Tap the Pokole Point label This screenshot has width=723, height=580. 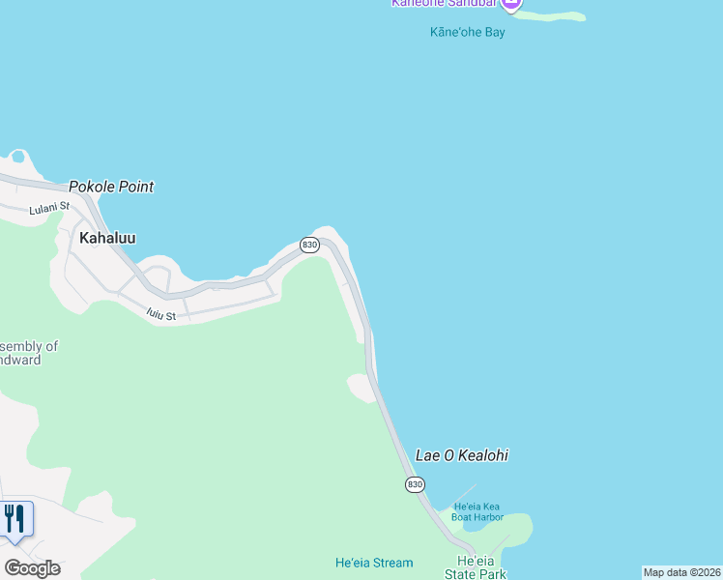point(111,187)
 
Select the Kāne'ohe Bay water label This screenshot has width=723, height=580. point(467,32)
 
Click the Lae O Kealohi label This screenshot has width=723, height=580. point(461,455)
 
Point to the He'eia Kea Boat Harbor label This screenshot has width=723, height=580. point(477,511)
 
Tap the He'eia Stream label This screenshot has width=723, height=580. point(373,563)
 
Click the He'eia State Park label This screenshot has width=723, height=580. point(481,567)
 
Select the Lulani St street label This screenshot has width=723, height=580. point(49,207)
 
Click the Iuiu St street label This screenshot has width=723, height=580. point(160,314)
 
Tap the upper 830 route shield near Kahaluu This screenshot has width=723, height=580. point(309,246)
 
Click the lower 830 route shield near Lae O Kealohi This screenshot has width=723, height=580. point(415,483)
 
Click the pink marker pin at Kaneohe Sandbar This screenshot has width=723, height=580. point(511,5)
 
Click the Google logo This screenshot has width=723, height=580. point(31,568)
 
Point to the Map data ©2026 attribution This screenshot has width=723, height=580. point(681,572)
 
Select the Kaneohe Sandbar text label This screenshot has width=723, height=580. point(444,3)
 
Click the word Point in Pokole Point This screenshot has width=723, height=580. point(134,187)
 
